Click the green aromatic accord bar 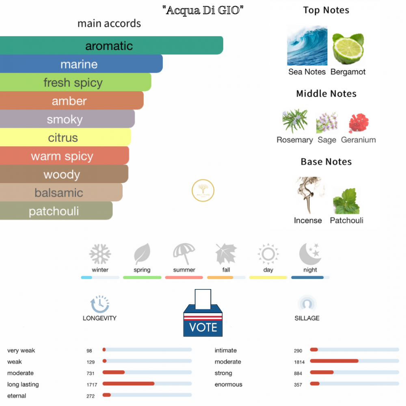click(112, 45)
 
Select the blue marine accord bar click(81, 64)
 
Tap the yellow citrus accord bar click(65, 138)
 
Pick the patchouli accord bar click(56, 211)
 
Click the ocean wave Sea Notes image click(307, 45)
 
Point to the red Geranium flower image click(358, 123)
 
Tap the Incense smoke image click(308, 195)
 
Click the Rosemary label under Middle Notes click(294, 140)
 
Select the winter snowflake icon click(100, 254)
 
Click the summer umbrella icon click(184, 254)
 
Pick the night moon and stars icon click(310, 254)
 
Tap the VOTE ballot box click(203, 315)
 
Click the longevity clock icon click(99, 304)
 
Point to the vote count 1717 click(91, 384)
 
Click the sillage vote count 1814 click(298, 362)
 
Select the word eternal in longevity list click(17, 396)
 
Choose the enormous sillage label click(228, 384)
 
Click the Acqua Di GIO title click(203, 11)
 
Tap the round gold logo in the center click(203, 190)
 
